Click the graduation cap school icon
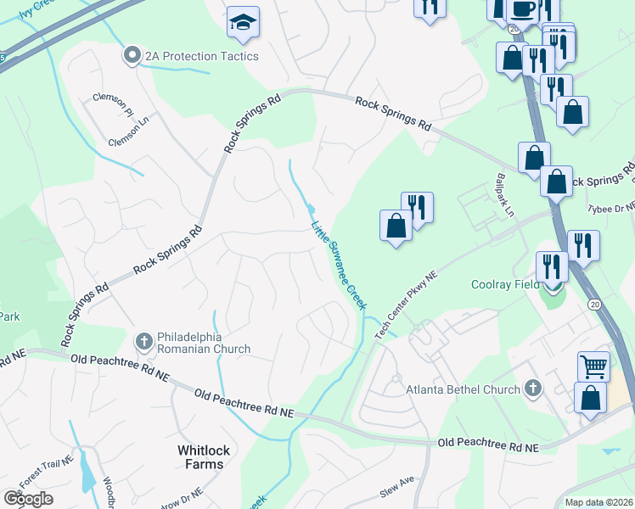(243, 24)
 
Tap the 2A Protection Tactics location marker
(132, 56)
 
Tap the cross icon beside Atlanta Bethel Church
(532, 389)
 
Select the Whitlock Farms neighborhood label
(201, 456)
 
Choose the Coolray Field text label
(505, 285)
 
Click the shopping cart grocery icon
(593, 366)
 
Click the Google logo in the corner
(28, 499)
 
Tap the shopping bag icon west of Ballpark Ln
(396, 226)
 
